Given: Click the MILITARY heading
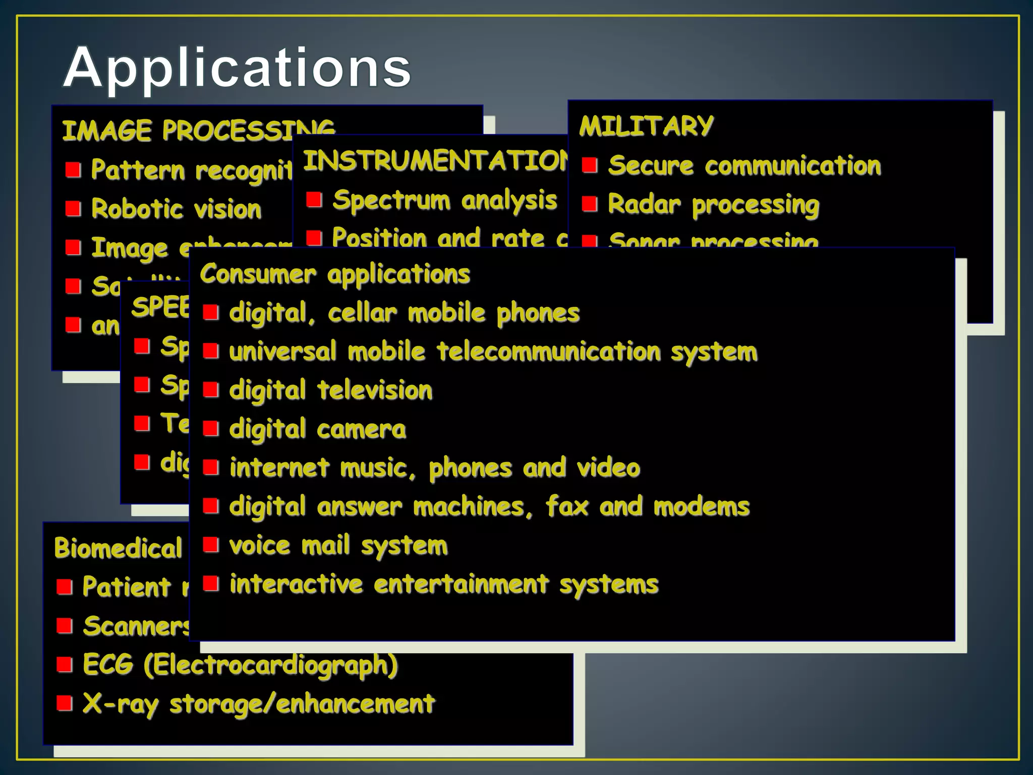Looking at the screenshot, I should (x=646, y=126).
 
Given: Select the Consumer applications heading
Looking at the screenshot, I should (x=335, y=274).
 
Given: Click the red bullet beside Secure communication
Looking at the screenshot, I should (x=590, y=165).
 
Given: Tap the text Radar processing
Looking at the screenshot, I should (x=713, y=205).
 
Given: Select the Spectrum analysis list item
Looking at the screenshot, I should (x=444, y=200).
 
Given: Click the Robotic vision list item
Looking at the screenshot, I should (x=176, y=209).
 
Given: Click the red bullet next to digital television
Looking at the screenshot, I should (x=211, y=390).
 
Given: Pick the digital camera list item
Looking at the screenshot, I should (x=317, y=429).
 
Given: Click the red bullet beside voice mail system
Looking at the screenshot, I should (x=211, y=545).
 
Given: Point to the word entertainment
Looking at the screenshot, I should (x=461, y=584).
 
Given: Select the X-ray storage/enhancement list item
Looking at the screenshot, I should (x=258, y=703).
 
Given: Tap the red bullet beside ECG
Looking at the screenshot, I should (x=65, y=665).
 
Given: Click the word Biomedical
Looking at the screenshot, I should (x=118, y=548).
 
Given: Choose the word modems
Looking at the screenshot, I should (x=702, y=507).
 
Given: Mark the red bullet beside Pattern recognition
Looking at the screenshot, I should (x=73, y=170).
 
